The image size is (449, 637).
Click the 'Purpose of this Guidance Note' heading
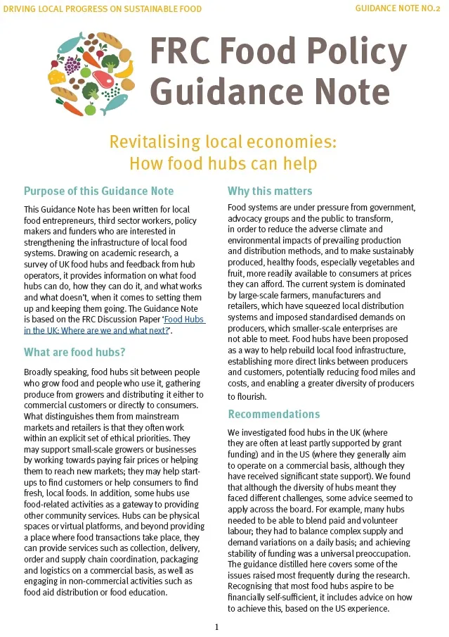(x=98, y=191)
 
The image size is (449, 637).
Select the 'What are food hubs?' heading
(x=74, y=352)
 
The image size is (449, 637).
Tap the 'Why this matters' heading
(x=270, y=191)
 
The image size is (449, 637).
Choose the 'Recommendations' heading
(x=273, y=414)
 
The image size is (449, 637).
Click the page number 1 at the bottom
(x=217, y=626)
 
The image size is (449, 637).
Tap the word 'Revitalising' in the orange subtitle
(x=153, y=141)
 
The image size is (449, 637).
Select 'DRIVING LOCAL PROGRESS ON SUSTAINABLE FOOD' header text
(x=103, y=9)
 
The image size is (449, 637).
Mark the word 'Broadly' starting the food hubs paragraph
(x=39, y=371)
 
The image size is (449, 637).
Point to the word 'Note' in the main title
(x=349, y=92)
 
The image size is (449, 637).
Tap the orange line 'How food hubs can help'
(x=223, y=164)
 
